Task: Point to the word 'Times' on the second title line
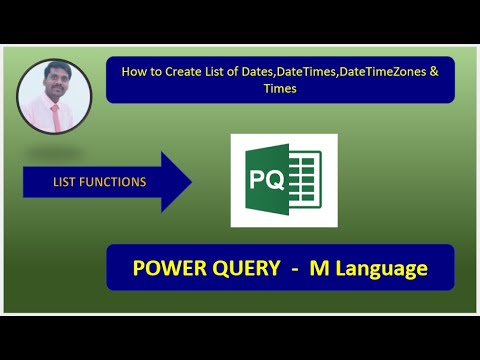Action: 279,89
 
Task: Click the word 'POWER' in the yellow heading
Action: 167,268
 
